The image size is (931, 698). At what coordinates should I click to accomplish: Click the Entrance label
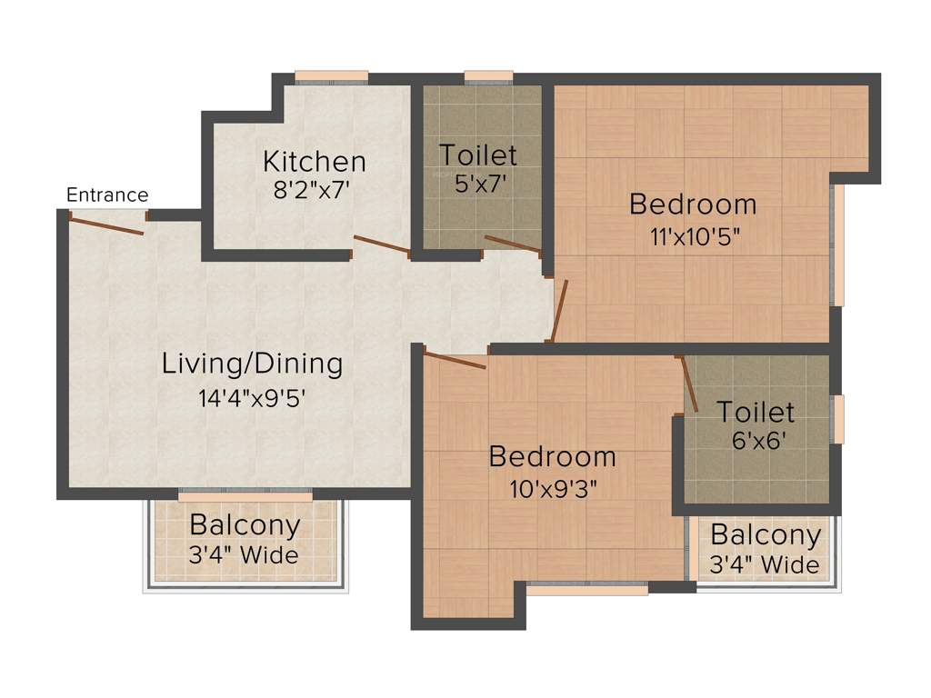pyautogui.click(x=107, y=194)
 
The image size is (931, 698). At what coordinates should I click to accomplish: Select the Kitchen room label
pyautogui.click(x=315, y=162)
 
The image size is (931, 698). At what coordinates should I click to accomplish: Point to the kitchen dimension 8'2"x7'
pyautogui.click(x=314, y=191)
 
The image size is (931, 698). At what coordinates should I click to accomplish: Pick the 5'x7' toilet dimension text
pyautogui.click(x=479, y=183)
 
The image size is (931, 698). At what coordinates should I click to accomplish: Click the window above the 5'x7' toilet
pyautogui.click(x=488, y=76)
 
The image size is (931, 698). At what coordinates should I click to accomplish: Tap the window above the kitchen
pyautogui.click(x=331, y=76)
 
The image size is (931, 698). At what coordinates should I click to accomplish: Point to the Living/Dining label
pyautogui.click(x=253, y=364)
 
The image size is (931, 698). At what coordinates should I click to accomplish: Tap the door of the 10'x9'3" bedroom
pyautogui.click(x=455, y=360)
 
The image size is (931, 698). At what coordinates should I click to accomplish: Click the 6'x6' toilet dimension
pyautogui.click(x=756, y=443)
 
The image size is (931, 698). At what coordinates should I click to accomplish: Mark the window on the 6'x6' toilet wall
pyautogui.click(x=838, y=419)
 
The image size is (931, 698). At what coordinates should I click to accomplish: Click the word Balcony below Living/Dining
pyautogui.click(x=245, y=525)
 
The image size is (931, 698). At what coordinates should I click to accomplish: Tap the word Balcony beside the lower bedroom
pyautogui.click(x=766, y=535)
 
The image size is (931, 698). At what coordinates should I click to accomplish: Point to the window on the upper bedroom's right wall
pyautogui.click(x=838, y=244)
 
